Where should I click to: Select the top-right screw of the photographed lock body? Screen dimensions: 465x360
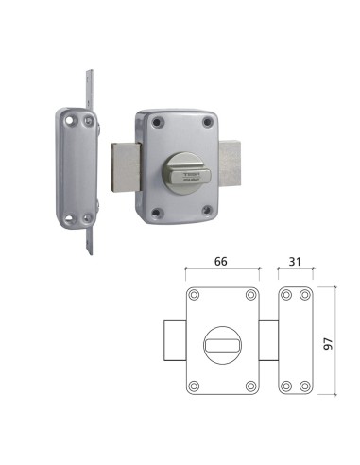(207, 120)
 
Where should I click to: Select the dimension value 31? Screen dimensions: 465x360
(295, 264)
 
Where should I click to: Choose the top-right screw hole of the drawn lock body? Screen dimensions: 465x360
(249, 296)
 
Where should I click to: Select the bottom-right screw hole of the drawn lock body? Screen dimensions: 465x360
(249, 386)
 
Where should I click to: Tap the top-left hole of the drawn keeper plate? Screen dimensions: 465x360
(286, 296)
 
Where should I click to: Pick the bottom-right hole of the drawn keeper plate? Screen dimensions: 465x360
(303, 386)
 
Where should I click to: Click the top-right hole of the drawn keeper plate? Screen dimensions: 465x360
(303, 296)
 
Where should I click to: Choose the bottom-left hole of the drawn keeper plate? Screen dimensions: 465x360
(286, 386)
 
